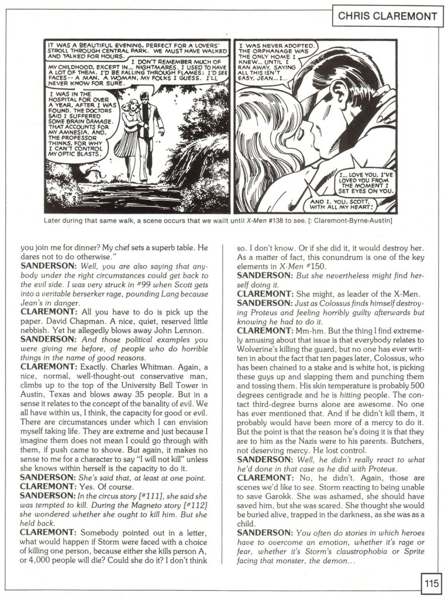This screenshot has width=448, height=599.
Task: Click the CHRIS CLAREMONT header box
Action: pyautogui.click(x=388, y=16)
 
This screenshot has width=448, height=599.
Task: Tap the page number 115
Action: pyautogui.click(x=431, y=583)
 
